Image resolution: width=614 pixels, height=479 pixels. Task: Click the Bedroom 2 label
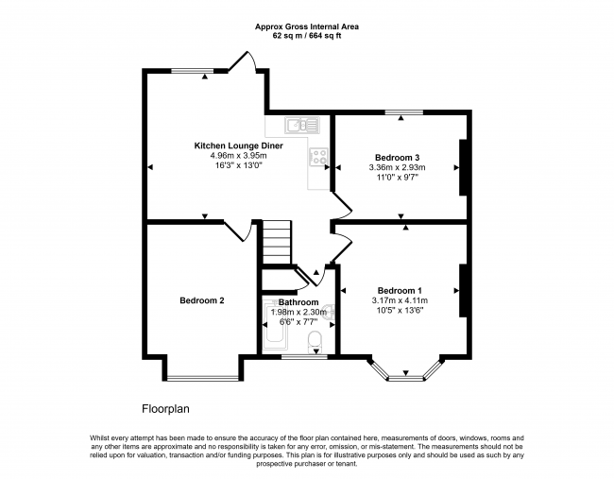[201, 301]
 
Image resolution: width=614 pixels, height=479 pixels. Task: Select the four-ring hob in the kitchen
[319, 158]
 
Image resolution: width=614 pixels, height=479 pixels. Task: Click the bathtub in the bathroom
[275, 335]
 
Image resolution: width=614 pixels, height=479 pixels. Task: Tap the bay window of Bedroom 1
[405, 374]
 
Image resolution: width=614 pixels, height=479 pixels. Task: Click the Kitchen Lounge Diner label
[238, 145]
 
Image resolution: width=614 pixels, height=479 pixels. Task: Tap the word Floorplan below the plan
[167, 409]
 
